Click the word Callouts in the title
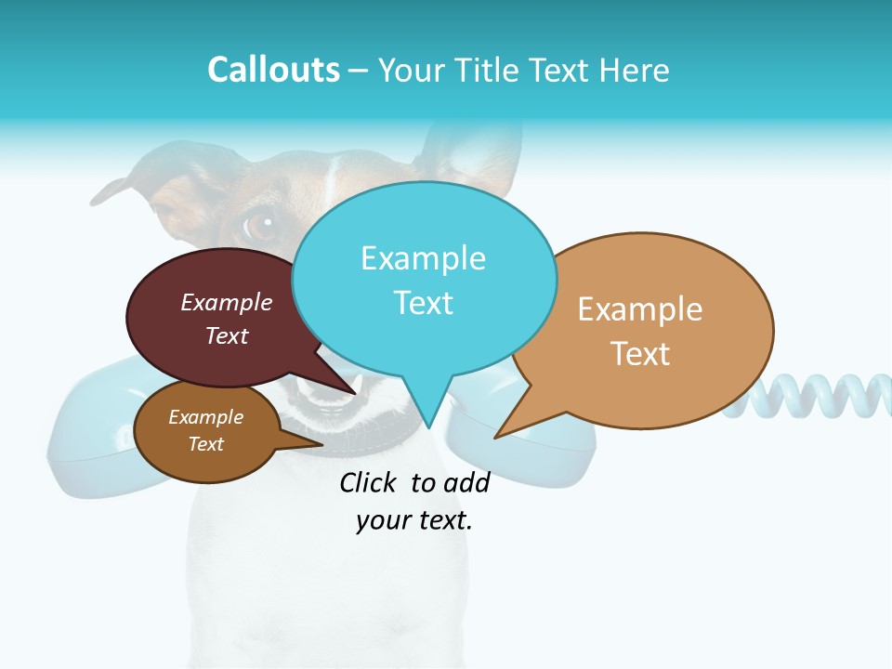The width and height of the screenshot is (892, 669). coord(274,70)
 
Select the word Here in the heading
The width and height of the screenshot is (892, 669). coord(633,70)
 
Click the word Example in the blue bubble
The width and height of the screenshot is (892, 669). coord(423,258)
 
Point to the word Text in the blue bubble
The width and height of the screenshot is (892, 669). coord(423,302)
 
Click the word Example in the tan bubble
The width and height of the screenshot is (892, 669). coord(640,309)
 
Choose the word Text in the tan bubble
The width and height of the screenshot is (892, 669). coord(640,353)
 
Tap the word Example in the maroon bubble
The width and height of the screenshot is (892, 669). coord(227,302)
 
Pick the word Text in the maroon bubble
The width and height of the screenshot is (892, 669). coord(227,335)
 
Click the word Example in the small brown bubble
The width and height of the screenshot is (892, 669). coord(206,417)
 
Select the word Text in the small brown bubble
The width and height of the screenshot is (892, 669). coord(206,444)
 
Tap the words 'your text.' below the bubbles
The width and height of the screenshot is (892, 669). coord(414,520)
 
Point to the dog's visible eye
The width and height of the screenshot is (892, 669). coord(262,224)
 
